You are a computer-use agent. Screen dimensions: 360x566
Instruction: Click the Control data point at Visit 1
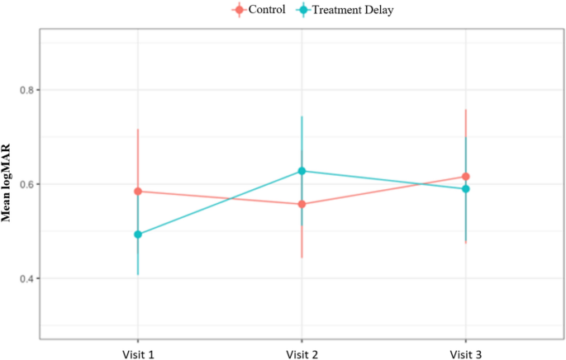point(138,192)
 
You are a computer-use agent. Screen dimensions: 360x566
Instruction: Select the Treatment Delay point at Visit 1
point(138,234)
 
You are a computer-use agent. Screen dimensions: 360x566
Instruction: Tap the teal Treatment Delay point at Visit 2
point(302,171)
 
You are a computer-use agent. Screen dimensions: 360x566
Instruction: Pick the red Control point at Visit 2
point(302,204)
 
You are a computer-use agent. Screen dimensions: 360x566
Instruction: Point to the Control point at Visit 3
point(466,177)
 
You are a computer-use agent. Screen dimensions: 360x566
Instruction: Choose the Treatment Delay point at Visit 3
point(466,189)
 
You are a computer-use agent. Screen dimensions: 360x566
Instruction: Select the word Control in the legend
point(266,10)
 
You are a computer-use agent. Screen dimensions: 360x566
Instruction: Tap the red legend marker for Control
point(239,10)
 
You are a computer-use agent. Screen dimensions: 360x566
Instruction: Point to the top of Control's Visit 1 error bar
point(138,130)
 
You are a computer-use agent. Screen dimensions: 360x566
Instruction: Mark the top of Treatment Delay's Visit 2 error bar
point(302,116)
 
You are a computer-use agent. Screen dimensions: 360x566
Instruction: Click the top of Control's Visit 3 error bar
point(466,110)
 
